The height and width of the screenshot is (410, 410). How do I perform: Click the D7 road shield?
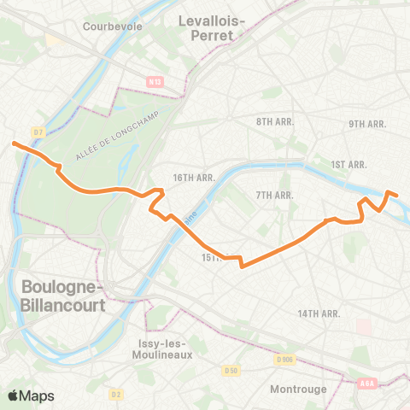pyautogui.click(x=38, y=132)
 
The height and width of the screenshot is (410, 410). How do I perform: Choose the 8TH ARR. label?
pyautogui.click(x=275, y=122)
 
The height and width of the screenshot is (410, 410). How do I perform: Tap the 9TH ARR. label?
pyautogui.click(x=368, y=125)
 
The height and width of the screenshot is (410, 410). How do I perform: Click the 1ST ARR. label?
pyautogui.click(x=348, y=164)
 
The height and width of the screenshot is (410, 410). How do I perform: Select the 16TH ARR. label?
pyautogui.click(x=192, y=178)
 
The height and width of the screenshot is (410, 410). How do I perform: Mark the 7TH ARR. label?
pyautogui.click(x=275, y=196)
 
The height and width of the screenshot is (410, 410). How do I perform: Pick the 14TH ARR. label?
pyautogui.click(x=318, y=314)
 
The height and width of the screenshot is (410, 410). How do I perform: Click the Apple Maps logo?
pyautogui.click(x=32, y=395)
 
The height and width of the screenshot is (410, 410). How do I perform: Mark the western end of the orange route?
pyautogui.click(x=15, y=143)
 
